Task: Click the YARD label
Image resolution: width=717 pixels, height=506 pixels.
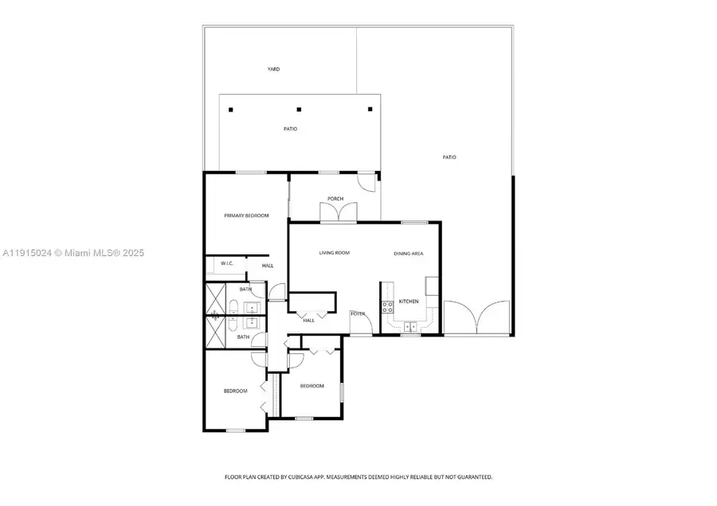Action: point(273,69)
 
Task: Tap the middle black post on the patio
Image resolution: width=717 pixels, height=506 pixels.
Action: point(299,110)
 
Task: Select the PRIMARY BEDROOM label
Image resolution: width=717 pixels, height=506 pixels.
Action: point(246,216)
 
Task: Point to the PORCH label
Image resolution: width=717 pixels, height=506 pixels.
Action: point(335,199)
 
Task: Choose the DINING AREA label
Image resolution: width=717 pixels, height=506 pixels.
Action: point(408,253)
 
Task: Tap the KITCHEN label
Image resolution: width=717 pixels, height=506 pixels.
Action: point(409,302)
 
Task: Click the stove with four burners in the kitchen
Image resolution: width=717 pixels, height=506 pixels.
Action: point(389,306)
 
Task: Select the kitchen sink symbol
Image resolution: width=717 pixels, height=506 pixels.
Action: point(409,326)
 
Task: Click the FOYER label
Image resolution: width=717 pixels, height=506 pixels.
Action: point(358,314)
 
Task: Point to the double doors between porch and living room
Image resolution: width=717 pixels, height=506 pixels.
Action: point(335,214)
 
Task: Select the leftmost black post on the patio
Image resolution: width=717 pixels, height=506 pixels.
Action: point(230,110)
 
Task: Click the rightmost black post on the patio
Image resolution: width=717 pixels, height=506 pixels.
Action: point(370,110)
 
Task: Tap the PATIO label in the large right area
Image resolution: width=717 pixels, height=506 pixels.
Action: point(449,158)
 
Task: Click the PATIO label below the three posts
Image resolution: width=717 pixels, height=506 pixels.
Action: point(291,129)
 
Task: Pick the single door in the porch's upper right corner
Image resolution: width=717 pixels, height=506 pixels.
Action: point(366,182)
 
